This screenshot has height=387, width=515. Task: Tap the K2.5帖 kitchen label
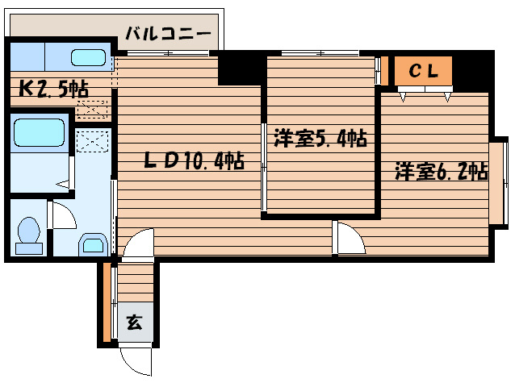tap(52, 88)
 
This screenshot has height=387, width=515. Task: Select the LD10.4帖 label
tap(194, 160)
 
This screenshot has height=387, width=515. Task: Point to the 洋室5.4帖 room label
tap(320, 138)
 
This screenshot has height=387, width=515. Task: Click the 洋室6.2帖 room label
tap(441, 171)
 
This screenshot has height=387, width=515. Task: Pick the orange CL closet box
tap(423, 72)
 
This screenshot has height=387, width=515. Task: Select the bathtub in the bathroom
tap(40, 131)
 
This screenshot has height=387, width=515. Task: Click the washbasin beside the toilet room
tap(90, 243)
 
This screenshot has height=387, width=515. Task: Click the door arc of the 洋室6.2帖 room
tap(349, 239)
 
